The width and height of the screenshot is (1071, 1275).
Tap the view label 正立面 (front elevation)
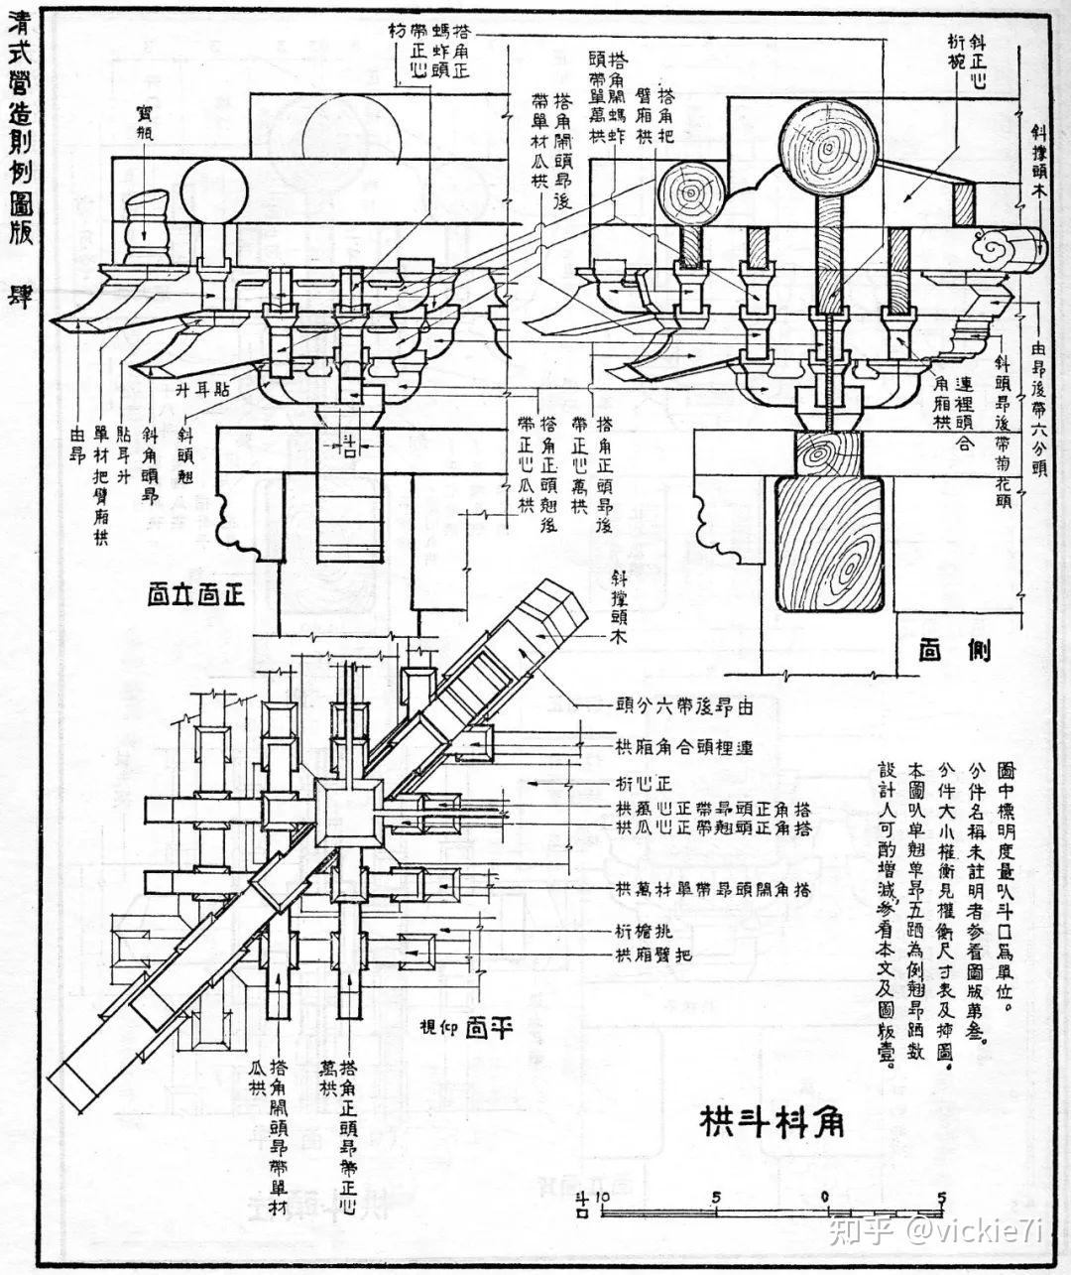tap(195, 595)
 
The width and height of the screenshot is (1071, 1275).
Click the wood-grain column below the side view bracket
tap(828, 546)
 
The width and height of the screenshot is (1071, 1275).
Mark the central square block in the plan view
tap(348, 811)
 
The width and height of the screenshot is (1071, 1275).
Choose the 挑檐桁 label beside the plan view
tap(631, 932)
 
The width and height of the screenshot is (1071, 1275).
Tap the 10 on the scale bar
tap(601, 1198)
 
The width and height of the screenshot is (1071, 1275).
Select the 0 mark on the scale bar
tap(826, 1198)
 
